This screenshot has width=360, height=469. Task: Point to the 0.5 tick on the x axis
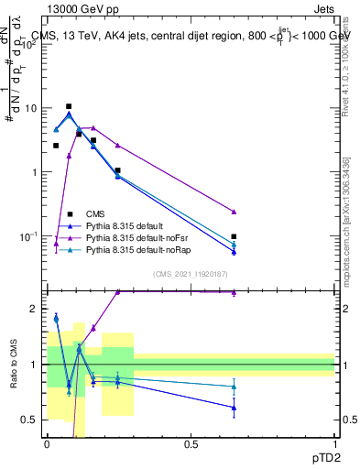[x=191, y=444]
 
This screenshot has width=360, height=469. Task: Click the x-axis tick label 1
[x=335, y=444]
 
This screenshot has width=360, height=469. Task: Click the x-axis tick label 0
[x=47, y=444]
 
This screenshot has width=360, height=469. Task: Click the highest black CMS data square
[x=69, y=106]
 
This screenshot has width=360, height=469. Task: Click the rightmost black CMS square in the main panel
[x=234, y=236]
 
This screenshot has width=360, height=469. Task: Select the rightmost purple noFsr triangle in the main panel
[x=234, y=212]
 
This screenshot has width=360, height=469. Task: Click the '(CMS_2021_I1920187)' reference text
[x=190, y=274]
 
